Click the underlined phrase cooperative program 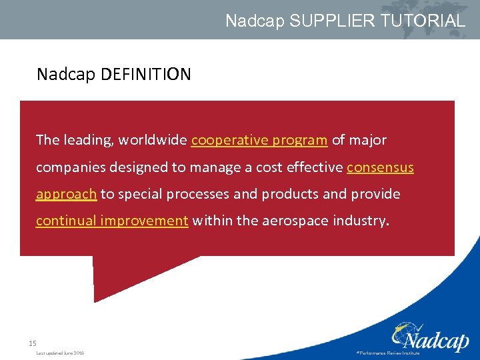(259, 140)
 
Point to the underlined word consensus (380, 167)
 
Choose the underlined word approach (66, 194)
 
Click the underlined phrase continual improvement (112, 221)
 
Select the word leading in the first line (88, 140)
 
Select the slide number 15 (32, 343)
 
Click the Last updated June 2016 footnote (60, 353)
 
